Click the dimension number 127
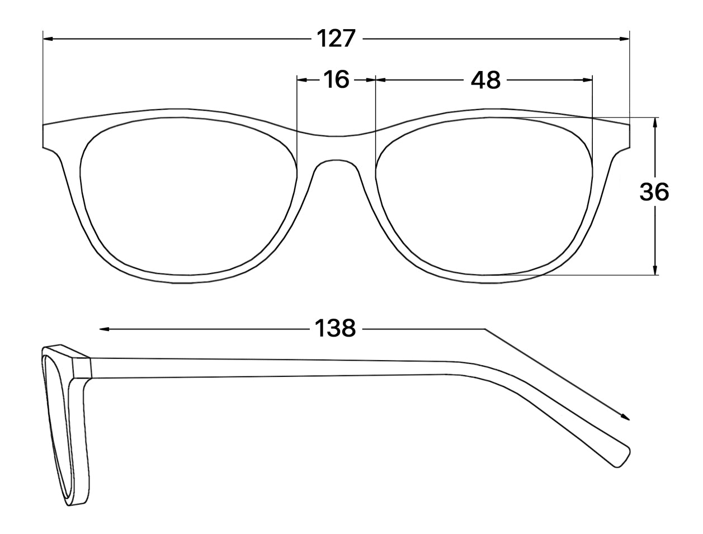pyautogui.click(x=336, y=39)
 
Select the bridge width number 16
pyautogui.click(x=336, y=80)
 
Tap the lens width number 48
pyautogui.click(x=485, y=80)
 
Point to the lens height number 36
pyautogui.click(x=654, y=192)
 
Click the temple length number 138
pyautogui.click(x=335, y=329)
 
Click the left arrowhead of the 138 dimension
pyautogui.click(x=104, y=329)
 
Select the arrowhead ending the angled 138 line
pyautogui.click(x=627, y=417)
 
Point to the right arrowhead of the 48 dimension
pyautogui.click(x=588, y=80)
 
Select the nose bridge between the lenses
pyautogui.click(x=336, y=148)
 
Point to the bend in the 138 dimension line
pyautogui.click(x=485, y=329)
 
